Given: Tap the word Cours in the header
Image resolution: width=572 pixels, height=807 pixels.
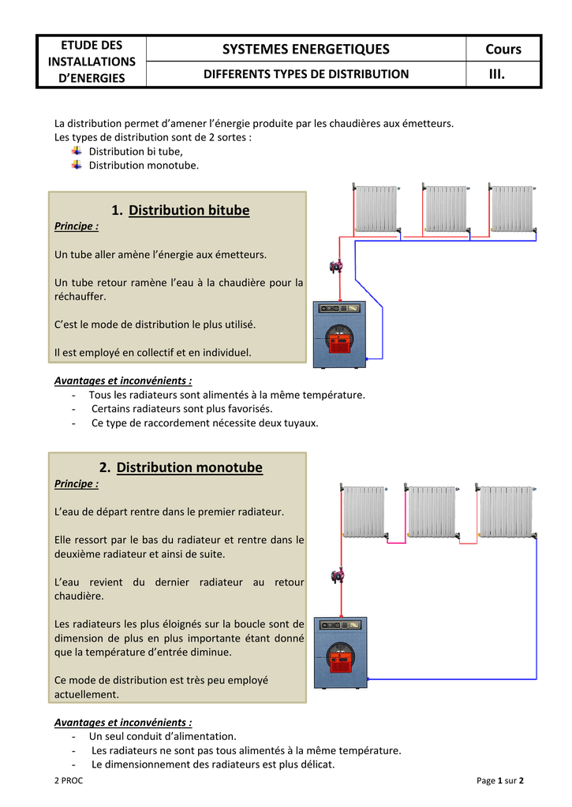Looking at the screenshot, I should coord(503,49).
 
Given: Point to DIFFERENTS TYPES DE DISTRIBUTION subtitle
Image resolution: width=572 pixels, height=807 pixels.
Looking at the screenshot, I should coord(306,74).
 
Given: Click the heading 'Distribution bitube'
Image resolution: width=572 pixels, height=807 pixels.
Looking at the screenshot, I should coord(189,210).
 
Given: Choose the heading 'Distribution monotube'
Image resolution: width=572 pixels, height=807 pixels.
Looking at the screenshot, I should coord(189,467).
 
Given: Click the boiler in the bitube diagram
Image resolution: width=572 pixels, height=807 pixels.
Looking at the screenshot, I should coord(340,335).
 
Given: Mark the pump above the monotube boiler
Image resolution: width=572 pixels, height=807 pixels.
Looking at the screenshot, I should coord(337,575).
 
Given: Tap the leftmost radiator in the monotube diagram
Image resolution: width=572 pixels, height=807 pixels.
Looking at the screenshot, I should coord(364,511).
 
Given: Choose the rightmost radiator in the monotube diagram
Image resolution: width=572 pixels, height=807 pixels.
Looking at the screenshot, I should coord(507,511).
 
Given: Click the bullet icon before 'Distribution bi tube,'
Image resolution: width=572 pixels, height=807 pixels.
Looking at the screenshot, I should coord(77,151).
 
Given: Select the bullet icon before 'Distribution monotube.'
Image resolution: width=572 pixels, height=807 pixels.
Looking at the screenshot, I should coord(77,165).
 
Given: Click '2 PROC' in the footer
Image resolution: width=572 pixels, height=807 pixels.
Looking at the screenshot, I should coord(68,780).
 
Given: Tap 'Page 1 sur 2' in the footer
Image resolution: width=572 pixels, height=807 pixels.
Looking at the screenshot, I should coord(500,780).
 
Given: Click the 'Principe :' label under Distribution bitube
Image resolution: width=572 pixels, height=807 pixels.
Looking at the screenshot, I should coord(77,226).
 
